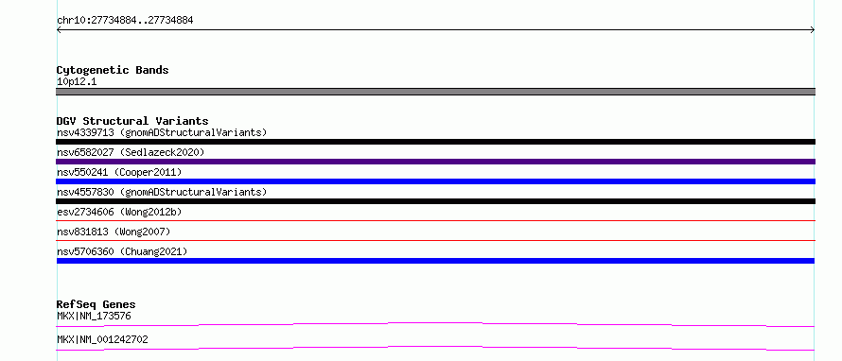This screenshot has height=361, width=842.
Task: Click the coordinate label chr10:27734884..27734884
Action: tap(125, 21)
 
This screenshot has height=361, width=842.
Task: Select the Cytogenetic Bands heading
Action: tap(113, 70)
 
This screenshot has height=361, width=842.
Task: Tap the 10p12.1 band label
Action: tap(77, 82)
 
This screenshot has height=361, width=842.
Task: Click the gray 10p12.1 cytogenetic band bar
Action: tap(435, 92)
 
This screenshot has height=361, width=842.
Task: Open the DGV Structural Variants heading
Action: tap(132, 121)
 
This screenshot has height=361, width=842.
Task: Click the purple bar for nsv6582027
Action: tap(435, 162)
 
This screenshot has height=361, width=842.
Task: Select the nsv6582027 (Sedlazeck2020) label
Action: tap(131, 152)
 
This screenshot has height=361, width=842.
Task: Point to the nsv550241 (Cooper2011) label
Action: tap(119, 172)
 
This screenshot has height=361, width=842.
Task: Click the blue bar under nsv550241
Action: tap(435, 181)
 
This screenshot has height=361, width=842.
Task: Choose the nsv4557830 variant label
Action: tap(162, 192)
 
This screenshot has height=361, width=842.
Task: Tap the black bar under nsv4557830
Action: tap(435, 201)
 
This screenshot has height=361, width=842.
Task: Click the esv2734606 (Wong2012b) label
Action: tap(119, 212)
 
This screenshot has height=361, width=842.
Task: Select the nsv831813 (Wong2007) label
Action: tap(114, 232)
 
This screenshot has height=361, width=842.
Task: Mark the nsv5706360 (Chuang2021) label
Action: tap(122, 251)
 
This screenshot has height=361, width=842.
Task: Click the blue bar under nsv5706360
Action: tap(435, 261)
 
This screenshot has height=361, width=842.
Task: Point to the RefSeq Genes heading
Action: tap(96, 304)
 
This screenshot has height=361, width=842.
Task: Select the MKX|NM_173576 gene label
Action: tap(94, 317)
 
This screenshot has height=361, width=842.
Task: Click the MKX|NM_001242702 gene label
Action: tap(102, 339)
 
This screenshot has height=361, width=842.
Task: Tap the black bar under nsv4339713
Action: tap(435, 142)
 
